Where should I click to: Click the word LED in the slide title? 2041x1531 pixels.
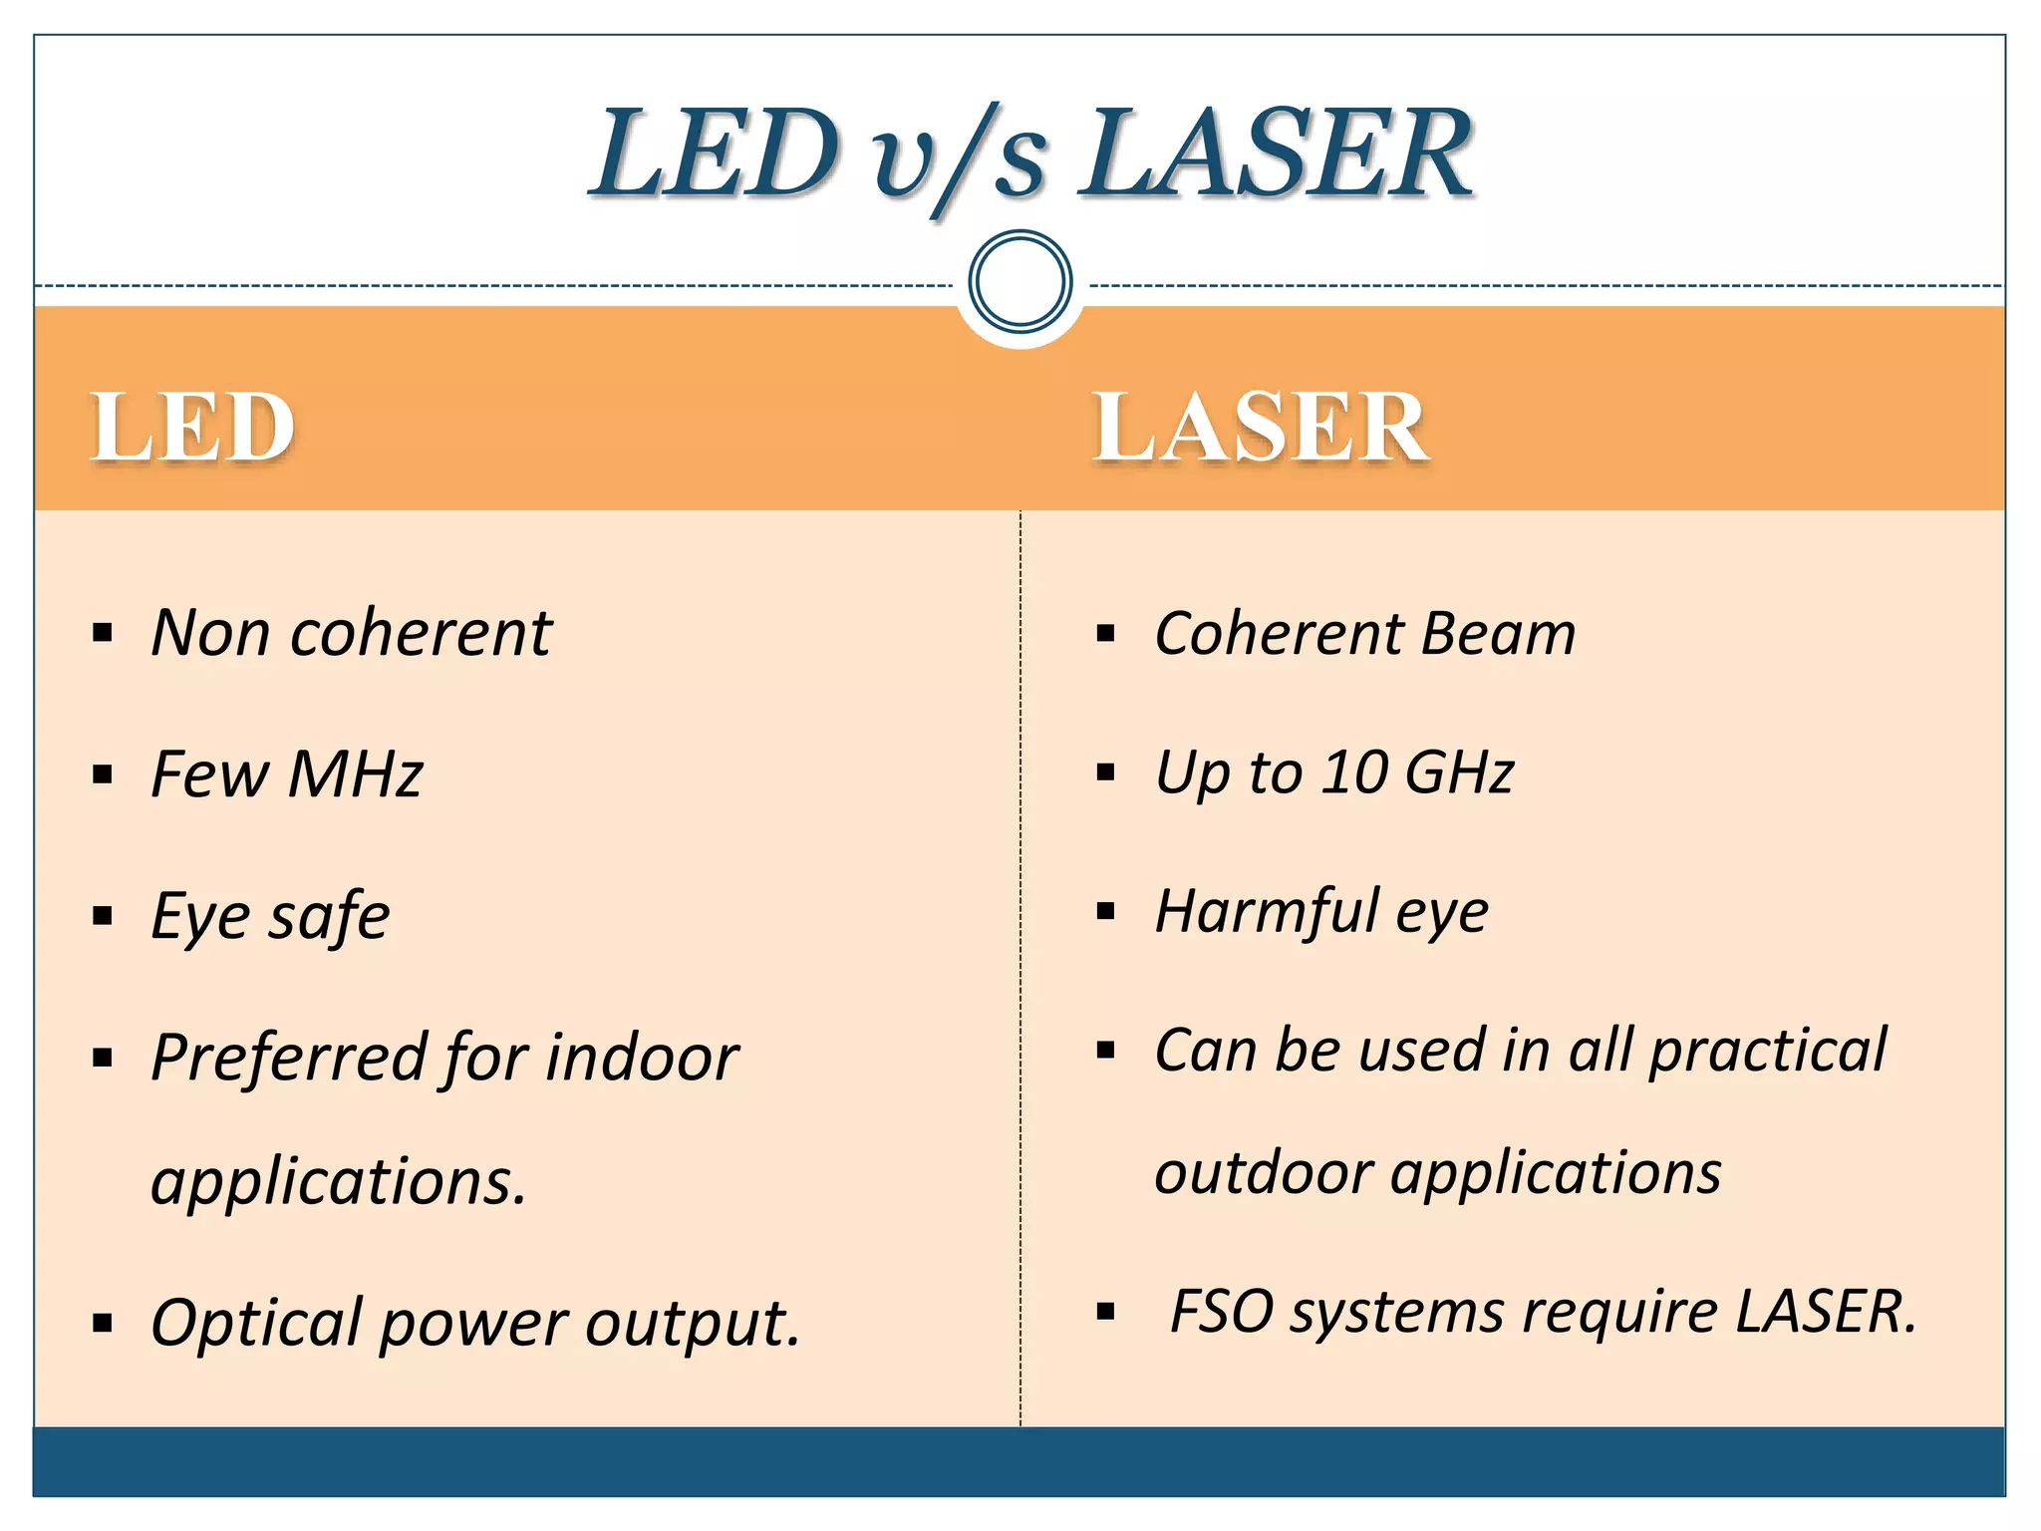coord(716,154)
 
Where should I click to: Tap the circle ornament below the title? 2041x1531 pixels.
coord(1020,281)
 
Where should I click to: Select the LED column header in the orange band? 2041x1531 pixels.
coord(193,427)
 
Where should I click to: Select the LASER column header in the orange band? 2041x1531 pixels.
coord(1261,427)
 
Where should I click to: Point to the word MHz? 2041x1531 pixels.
coord(356,774)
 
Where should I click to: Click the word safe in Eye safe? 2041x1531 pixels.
coord(329,917)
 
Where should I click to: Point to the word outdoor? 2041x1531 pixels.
coord(1263,1173)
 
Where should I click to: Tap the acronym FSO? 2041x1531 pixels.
coord(1221,1312)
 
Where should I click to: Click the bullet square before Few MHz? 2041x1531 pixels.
coord(103,774)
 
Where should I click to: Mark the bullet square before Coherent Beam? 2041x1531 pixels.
coord(1105,634)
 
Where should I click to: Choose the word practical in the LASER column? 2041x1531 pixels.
coord(1768,1052)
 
